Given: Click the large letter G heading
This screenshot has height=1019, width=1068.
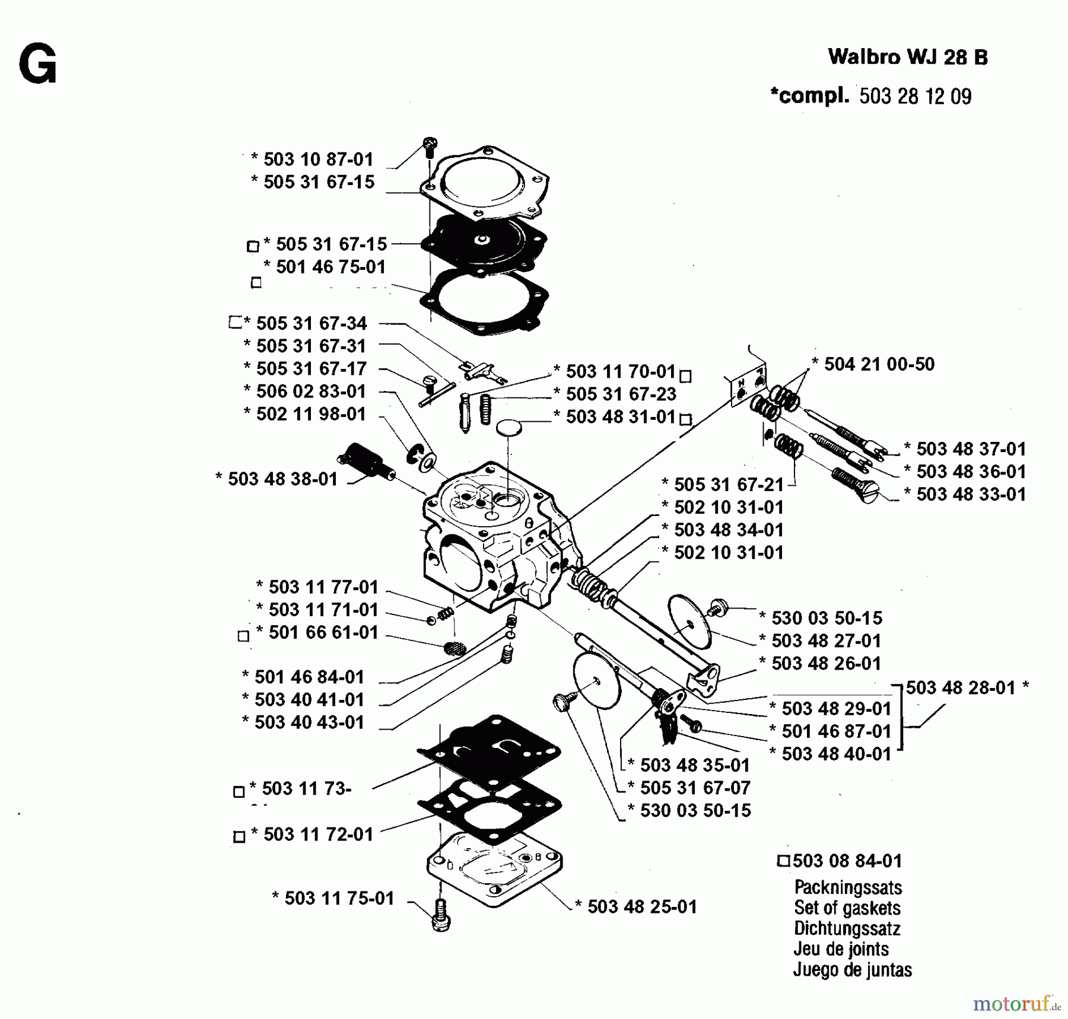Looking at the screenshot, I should coord(37,65).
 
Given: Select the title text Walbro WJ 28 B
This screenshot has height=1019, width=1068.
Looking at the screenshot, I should coord(907,57).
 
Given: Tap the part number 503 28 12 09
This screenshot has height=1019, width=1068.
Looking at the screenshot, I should coord(915,97).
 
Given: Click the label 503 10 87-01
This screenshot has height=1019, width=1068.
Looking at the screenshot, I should coord(318,159).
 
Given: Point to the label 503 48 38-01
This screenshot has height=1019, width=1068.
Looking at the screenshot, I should coord(282,479).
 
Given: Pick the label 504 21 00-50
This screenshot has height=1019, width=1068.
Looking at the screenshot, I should coord(879,364).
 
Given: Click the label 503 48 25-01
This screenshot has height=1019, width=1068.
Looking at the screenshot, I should coord(641,907).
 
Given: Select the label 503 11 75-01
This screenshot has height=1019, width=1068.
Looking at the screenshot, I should coord(339,898).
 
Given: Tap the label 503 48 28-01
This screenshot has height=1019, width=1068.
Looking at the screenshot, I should coord(961,687).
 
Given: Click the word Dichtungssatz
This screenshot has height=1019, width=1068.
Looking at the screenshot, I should coord(847,928).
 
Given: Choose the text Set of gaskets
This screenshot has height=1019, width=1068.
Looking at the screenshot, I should coord(847,908).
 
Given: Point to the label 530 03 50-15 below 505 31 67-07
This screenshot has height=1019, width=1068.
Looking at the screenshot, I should coord(695,810).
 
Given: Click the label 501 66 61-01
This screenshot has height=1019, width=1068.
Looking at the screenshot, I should coord(323,632).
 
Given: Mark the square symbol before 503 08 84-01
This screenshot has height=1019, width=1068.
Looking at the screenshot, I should coord(784,861).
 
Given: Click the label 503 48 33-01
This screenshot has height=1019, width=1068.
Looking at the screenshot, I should coord(971,494).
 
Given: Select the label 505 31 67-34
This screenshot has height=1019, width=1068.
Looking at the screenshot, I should coord(311,323).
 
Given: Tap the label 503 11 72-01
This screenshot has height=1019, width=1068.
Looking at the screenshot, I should coord(318,835).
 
